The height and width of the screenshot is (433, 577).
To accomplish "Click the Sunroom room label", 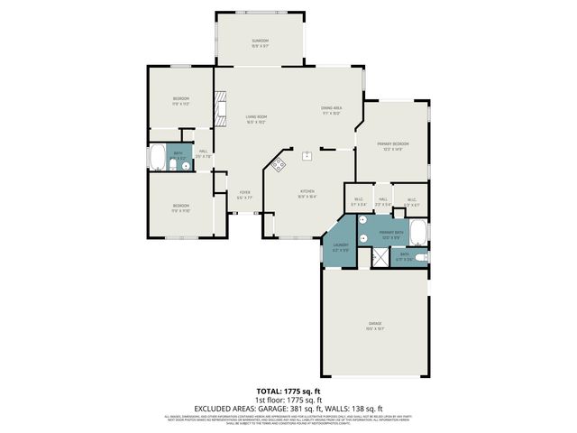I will (260, 41).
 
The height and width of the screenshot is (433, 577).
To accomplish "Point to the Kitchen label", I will (307, 193).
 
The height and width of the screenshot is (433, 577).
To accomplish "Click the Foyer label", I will (243, 194).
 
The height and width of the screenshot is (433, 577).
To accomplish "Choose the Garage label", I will (374, 326).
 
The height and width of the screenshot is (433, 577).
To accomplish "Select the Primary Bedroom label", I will (395, 146).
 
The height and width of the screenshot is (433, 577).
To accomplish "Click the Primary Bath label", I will (390, 234).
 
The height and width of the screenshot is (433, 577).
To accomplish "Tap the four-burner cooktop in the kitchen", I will (279, 164).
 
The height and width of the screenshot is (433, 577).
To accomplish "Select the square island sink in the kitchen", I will (307, 155).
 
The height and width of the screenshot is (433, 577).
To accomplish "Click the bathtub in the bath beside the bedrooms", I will (157, 159).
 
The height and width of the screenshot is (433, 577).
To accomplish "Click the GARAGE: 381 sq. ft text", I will (315, 408).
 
